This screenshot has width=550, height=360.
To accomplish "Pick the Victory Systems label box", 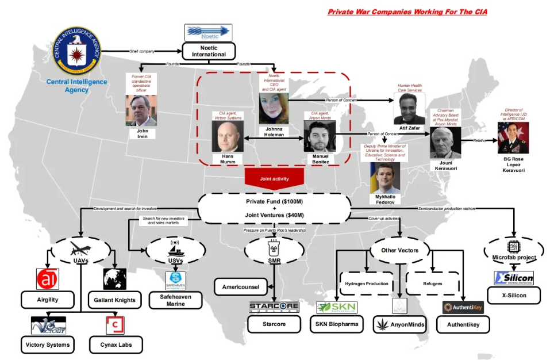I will coord(48,345).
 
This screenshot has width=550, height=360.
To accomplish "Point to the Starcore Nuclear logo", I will coord(274,307).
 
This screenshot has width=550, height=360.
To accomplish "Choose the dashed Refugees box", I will coord(433,284).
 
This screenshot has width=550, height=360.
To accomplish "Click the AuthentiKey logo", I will coord(463,307).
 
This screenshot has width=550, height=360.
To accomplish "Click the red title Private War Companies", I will coord(407,12).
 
